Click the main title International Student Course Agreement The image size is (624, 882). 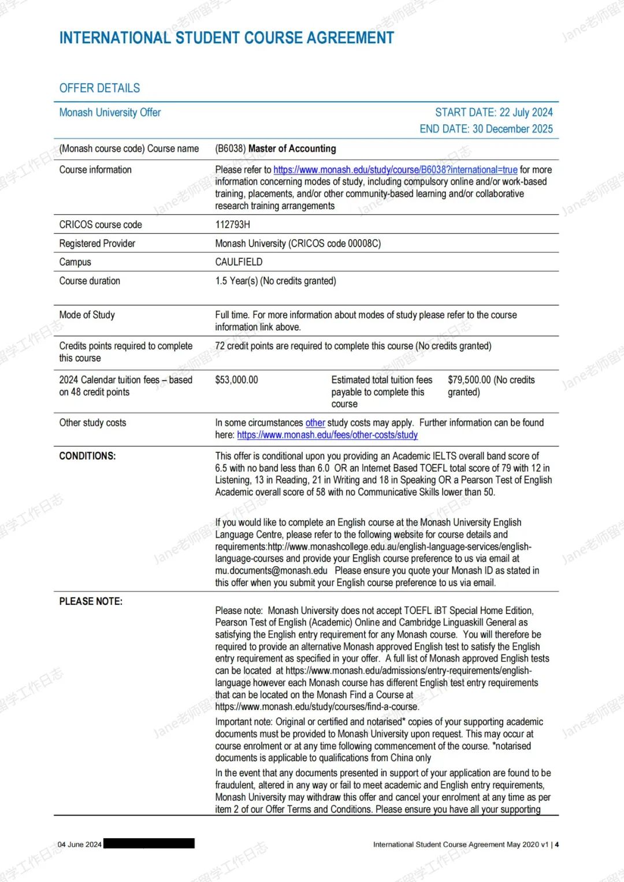(226, 38)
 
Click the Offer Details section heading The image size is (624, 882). (99, 88)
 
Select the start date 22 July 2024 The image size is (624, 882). (494, 112)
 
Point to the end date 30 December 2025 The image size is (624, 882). (486, 129)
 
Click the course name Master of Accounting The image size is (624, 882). (292, 148)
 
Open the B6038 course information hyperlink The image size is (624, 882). (395, 170)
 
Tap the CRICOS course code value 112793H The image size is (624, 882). (232, 225)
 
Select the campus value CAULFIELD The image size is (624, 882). (239, 262)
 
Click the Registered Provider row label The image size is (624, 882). (97, 243)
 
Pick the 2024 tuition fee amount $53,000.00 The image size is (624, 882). (236, 380)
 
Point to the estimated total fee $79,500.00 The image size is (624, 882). (469, 380)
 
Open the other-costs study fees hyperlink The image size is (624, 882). (327, 435)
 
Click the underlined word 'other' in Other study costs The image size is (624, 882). (315, 423)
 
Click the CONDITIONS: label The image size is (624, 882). (87, 456)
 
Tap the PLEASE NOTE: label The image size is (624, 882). (91, 601)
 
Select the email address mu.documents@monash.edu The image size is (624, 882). (271, 571)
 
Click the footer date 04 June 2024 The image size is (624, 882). (79, 844)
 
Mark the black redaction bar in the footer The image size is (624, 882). (149, 843)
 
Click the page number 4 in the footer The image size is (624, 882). (557, 844)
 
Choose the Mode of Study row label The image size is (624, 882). (87, 315)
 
